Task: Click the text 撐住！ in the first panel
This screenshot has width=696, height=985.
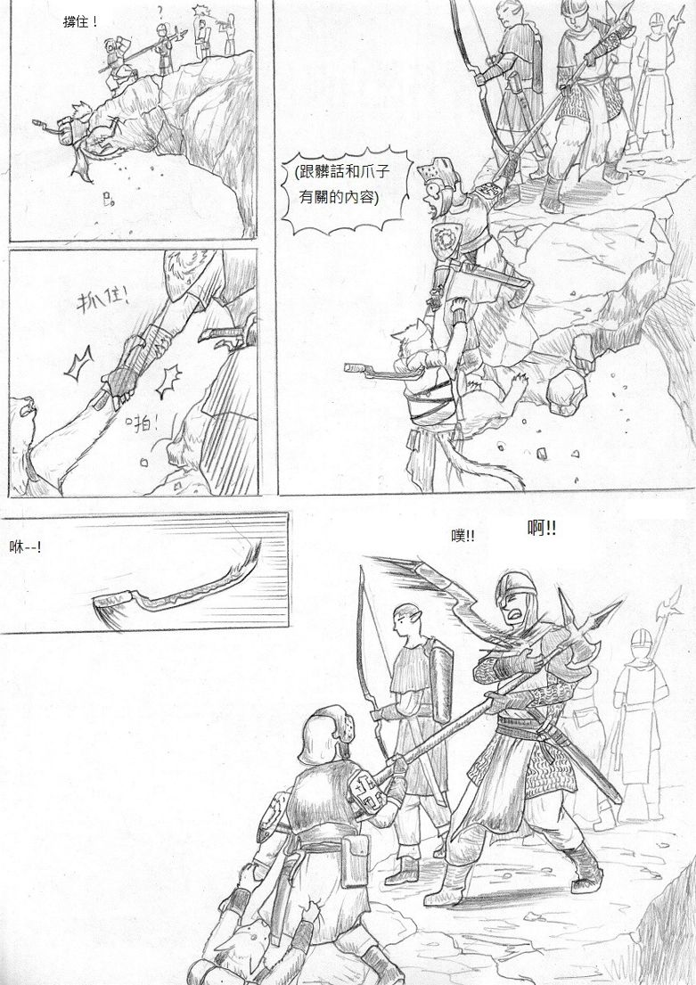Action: tap(80, 22)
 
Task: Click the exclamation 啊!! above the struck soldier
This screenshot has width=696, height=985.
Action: tap(542, 529)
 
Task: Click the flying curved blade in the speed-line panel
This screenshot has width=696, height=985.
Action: tap(177, 587)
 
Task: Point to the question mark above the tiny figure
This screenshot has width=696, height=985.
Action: tap(160, 10)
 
